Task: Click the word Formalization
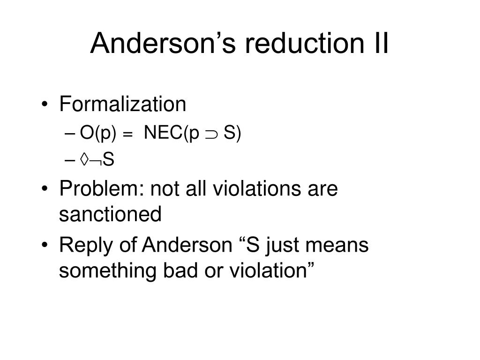tap(123, 104)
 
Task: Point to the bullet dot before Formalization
tap(45, 104)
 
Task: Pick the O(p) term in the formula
tap(98, 133)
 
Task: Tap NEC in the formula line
tap(164, 133)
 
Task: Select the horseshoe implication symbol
tap(211, 135)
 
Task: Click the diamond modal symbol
tap(84, 159)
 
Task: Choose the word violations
tap(257, 188)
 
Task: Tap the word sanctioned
tap(110, 214)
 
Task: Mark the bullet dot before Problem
tap(45, 188)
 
